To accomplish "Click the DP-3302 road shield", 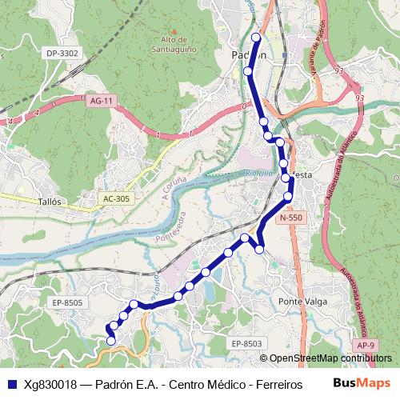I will [x=62, y=53].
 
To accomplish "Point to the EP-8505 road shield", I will [x=67, y=302].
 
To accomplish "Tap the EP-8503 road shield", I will [x=247, y=343].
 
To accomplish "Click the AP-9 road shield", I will [x=366, y=345].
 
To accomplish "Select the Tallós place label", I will [x=50, y=202].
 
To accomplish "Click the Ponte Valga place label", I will [x=301, y=301].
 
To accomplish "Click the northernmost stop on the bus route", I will [x=256, y=38].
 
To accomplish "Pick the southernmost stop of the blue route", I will [x=110, y=342].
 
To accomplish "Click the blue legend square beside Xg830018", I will [x=10, y=384].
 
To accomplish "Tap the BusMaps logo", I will [x=361, y=383].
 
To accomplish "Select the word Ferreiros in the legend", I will [x=276, y=384].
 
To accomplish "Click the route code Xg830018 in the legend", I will [x=50, y=384].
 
